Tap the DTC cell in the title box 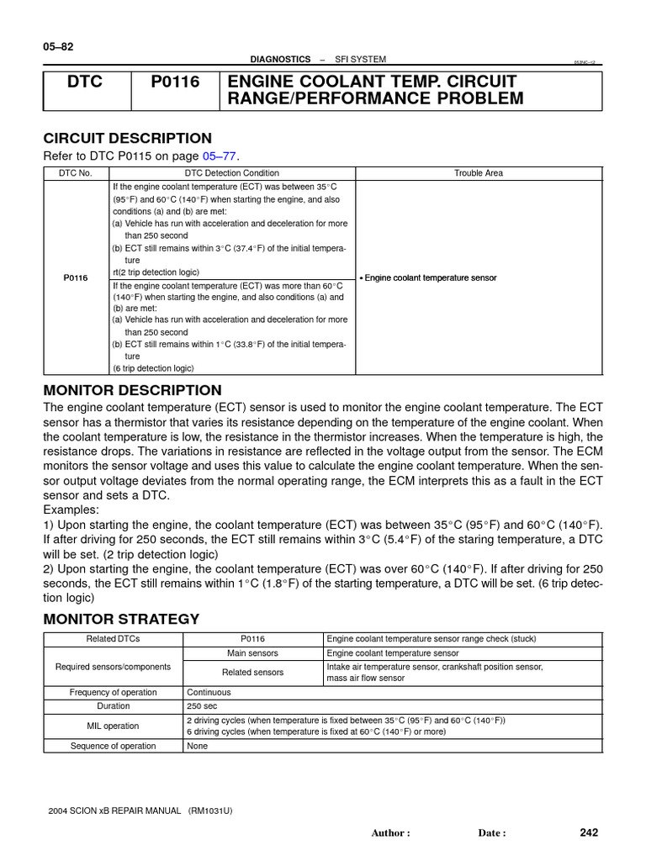(87, 82)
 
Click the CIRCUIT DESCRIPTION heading (127, 138)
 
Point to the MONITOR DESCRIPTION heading (132, 390)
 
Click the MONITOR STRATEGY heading (121, 619)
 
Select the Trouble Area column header (479, 172)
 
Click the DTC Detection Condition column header (232, 172)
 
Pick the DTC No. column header (77, 172)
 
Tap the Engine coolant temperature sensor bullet (430, 277)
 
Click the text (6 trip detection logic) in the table (154, 368)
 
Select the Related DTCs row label (113, 639)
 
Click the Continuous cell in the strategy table (209, 692)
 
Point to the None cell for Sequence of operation (197, 746)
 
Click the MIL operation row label (113, 726)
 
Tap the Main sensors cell (252, 653)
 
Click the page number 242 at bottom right (589, 832)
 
